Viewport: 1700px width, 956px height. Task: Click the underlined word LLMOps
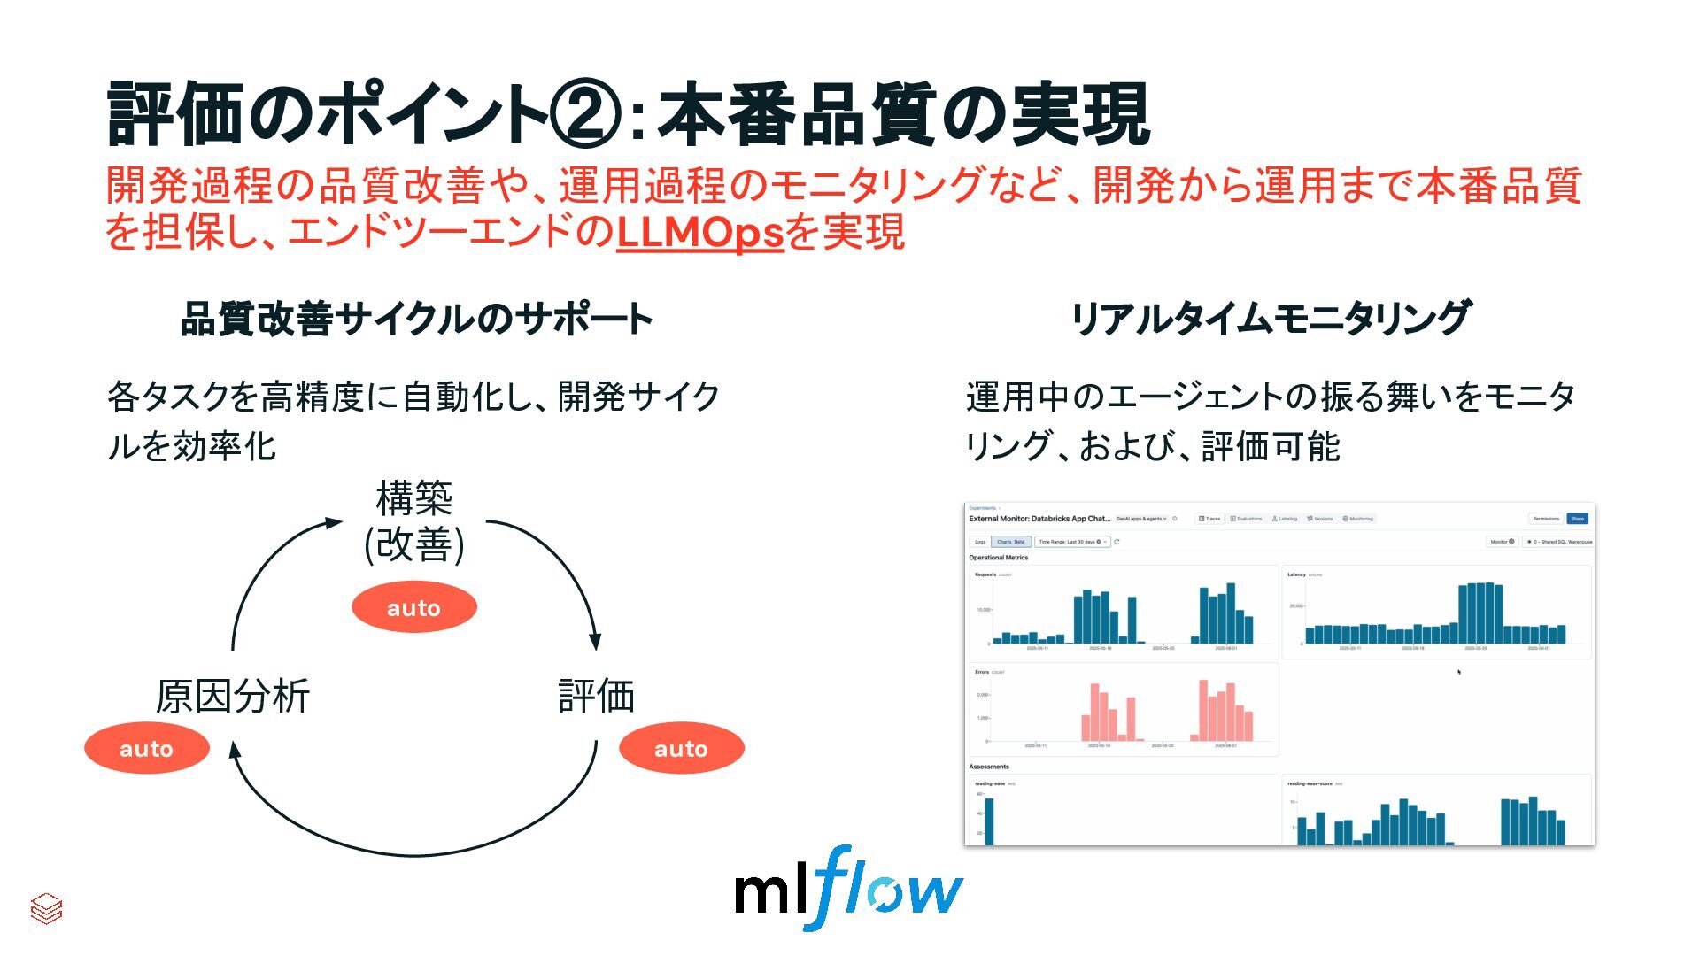click(x=699, y=233)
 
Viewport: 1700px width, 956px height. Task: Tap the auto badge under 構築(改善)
click(x=413, y=607)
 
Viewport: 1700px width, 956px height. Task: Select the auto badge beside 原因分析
click(x=147, y=748)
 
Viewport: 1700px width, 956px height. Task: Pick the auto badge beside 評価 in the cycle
click(x=681, y=748)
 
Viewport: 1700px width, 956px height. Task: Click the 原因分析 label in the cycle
click(x=233, y=696)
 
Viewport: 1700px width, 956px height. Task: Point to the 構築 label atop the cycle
click(x=413, y=498)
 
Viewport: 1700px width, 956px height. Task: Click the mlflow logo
click(x=848, y=888)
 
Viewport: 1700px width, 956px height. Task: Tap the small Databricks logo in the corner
click(x=46, y=908)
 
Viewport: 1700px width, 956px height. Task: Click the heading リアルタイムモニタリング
click(x=1271, y=318)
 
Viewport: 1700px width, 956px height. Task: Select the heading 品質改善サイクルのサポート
click(x=416, y=319)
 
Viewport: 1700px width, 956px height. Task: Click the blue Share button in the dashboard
click(x=1577, y=519)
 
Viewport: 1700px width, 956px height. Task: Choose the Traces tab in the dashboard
click(x=1209, y=519)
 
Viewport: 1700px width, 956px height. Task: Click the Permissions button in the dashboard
click(x=1546, y=519)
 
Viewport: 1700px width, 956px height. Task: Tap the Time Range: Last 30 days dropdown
click(x=1072, y=542)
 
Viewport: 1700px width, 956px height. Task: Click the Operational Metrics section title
click(x=999, y=558)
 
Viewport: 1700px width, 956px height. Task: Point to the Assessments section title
click(x=989, y=767)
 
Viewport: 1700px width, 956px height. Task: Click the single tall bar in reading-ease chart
click(x=989, y=821)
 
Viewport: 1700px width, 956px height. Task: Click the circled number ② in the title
click(x=584, y=114)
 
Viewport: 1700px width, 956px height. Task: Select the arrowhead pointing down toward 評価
click(x=595, y=641)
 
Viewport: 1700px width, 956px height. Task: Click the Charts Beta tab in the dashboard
click(x=1010, y=542)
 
